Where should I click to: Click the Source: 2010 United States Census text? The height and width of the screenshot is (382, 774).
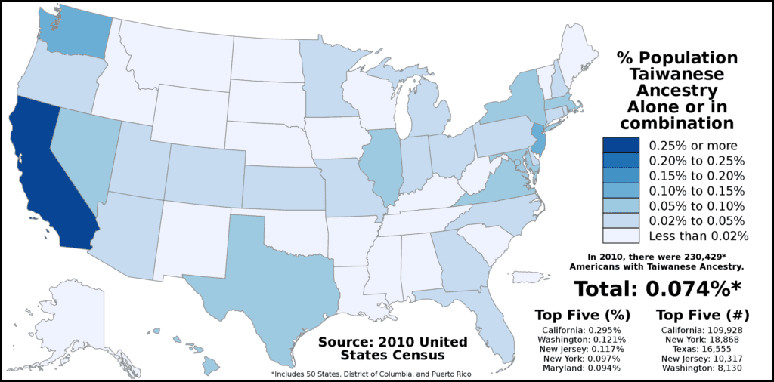click(392, 348)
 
